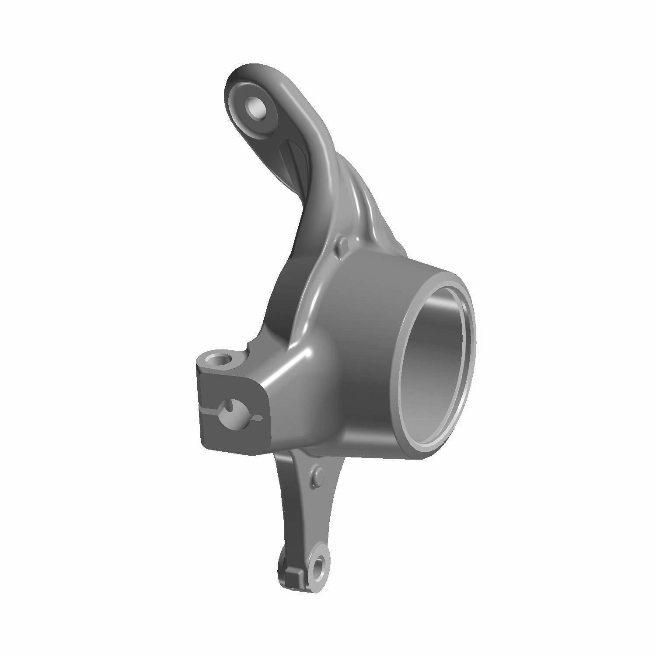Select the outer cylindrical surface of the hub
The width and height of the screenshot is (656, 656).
(367, 350)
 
